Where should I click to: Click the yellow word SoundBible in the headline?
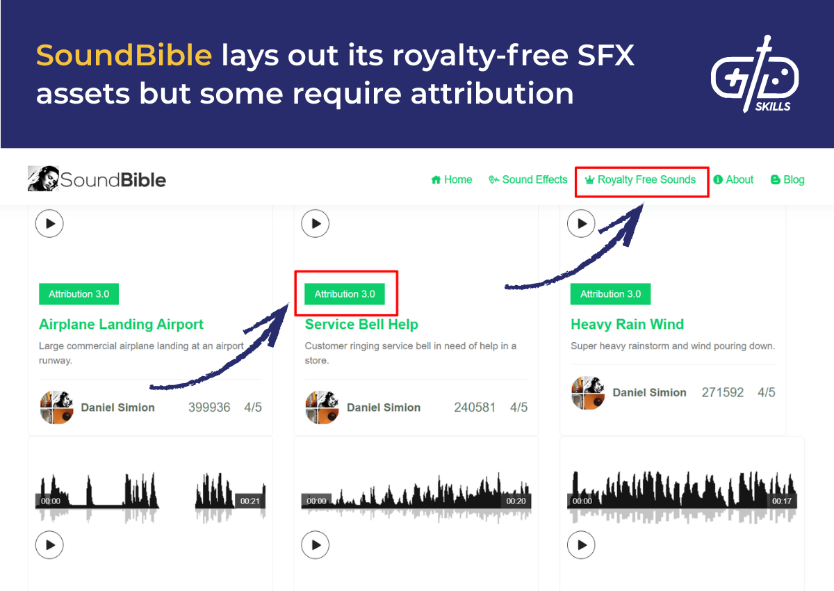pos(124,55)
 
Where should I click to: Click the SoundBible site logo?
pos(97,179)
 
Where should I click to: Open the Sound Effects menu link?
pos(528,179)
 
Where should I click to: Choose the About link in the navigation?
pos(733,179)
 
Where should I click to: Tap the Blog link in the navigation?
pos(787,179)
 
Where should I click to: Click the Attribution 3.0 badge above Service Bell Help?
pos(345,294)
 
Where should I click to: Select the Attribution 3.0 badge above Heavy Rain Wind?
pos(610,294)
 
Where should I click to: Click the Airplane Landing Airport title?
pos(121,324)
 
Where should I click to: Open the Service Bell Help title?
pos(361,324)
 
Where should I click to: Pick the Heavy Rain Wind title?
pos(627,324)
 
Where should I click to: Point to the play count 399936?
pos(209,407)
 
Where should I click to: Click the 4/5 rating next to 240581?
pos(518,407)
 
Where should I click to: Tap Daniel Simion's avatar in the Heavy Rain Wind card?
pos(588,393)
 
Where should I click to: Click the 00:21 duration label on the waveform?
pos(250,501)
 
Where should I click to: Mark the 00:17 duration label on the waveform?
pos(782,501)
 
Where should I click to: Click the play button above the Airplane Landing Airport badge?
pos(49,224)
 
